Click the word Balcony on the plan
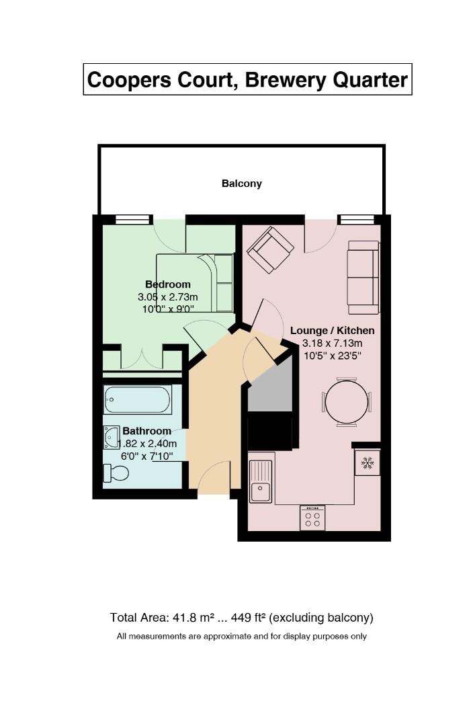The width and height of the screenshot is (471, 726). [241, 184]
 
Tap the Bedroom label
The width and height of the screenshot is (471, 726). [167, 284]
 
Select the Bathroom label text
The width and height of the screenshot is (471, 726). [146, 431]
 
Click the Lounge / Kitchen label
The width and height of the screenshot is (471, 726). [332, 331]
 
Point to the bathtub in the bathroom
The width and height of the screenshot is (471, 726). [138, 399]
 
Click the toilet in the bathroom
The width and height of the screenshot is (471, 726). [116, 473]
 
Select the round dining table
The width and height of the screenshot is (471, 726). [347, 403]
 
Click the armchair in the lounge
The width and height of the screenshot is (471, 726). [270, 250]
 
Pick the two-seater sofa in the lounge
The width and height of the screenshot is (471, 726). [363, 278]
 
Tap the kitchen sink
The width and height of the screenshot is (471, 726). [261, 481]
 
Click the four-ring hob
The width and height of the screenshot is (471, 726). [312, 518]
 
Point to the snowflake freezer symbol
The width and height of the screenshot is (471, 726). [368, 463]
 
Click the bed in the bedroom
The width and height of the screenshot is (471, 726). [195, 283]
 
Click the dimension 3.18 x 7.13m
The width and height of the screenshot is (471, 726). [332, 344]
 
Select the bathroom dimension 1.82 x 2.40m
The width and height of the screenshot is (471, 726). [147, 444]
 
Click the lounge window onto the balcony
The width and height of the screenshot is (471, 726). [356, 219]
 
